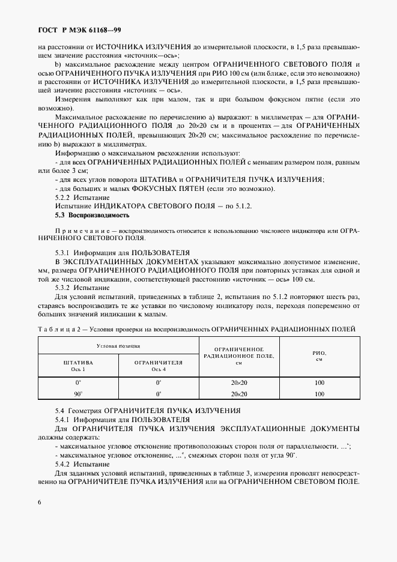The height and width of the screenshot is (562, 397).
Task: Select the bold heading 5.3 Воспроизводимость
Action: tap(92, 215)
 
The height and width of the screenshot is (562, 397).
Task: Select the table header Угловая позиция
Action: tap(118, 346)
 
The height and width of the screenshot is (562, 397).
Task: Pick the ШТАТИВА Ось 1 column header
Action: tap(78, 366)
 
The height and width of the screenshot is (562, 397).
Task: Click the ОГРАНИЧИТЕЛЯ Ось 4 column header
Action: tap(159, 366)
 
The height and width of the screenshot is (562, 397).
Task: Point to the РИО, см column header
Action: tap(319, 356)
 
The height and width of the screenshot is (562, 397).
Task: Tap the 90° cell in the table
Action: tap(78, 394)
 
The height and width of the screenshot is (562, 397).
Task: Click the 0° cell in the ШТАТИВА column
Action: tap(78, 383)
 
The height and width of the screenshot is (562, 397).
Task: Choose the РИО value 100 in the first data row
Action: tap(319, 383)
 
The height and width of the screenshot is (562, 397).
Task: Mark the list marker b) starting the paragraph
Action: tap(58, 64)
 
